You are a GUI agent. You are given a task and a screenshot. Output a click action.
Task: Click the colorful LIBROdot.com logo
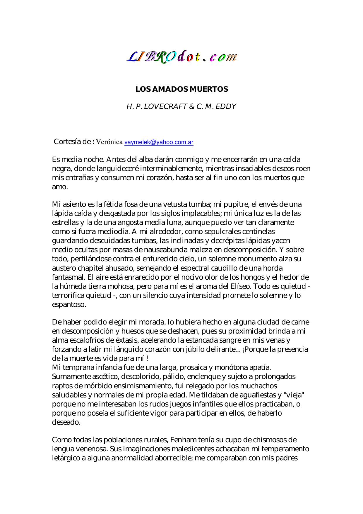[x=181, y=57]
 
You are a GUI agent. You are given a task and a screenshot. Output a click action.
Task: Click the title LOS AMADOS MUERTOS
[x=181, y=89]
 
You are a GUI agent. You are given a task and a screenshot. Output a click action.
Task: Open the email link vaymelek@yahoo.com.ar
[x=159, y=142]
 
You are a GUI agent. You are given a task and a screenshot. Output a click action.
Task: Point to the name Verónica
[x=109, y=142]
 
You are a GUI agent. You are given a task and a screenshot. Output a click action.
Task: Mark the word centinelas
[x=256, y=232]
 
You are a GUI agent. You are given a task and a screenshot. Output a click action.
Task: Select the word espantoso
[x=69, y=305]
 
